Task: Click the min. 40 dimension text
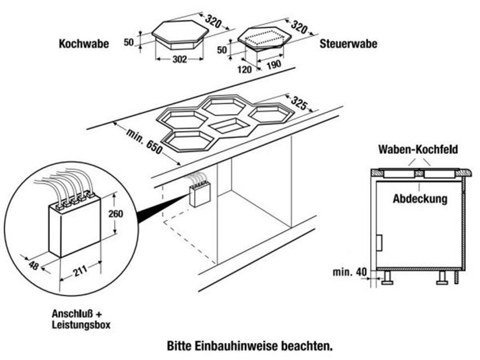click(348, 272)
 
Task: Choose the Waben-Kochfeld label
click(418, 150)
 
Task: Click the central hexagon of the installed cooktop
click(233, 126)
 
